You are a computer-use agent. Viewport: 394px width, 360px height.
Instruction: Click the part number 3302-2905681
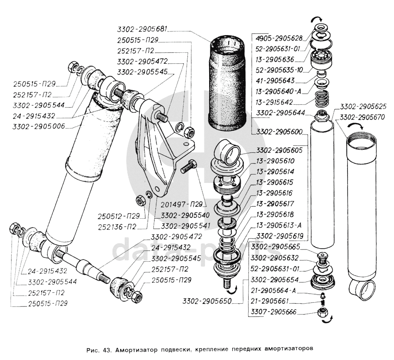(x=143, y=29)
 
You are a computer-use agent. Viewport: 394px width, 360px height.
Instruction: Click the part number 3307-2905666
(x=274, y=312)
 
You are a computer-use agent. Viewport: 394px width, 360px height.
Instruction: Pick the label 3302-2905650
(x=207, y=301)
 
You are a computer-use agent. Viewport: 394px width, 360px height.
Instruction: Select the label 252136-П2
(x=120, y=226)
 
